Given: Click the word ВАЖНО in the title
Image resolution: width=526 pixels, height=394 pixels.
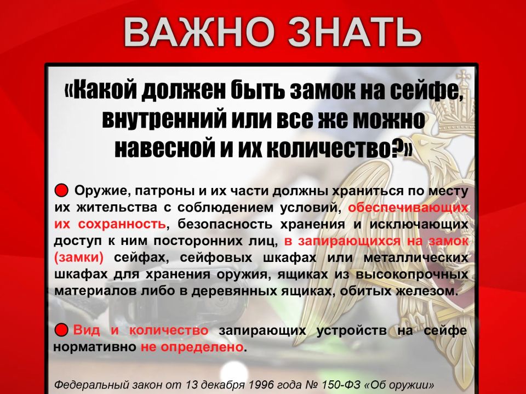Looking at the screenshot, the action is pos(198,32).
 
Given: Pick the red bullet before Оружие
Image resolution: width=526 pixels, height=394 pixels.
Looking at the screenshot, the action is pos(61,190).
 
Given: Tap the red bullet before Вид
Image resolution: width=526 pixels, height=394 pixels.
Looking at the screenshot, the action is pos(61,330).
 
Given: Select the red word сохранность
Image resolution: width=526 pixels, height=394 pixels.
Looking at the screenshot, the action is pos(122,224).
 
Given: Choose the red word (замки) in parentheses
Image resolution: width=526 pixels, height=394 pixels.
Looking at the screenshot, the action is pos(79,258).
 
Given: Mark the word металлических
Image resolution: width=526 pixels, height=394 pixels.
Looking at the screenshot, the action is pos(416,258).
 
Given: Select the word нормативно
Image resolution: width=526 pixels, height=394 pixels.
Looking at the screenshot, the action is pos(95,347).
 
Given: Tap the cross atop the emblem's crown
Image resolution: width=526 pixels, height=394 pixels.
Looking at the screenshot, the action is pos(463,77).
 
